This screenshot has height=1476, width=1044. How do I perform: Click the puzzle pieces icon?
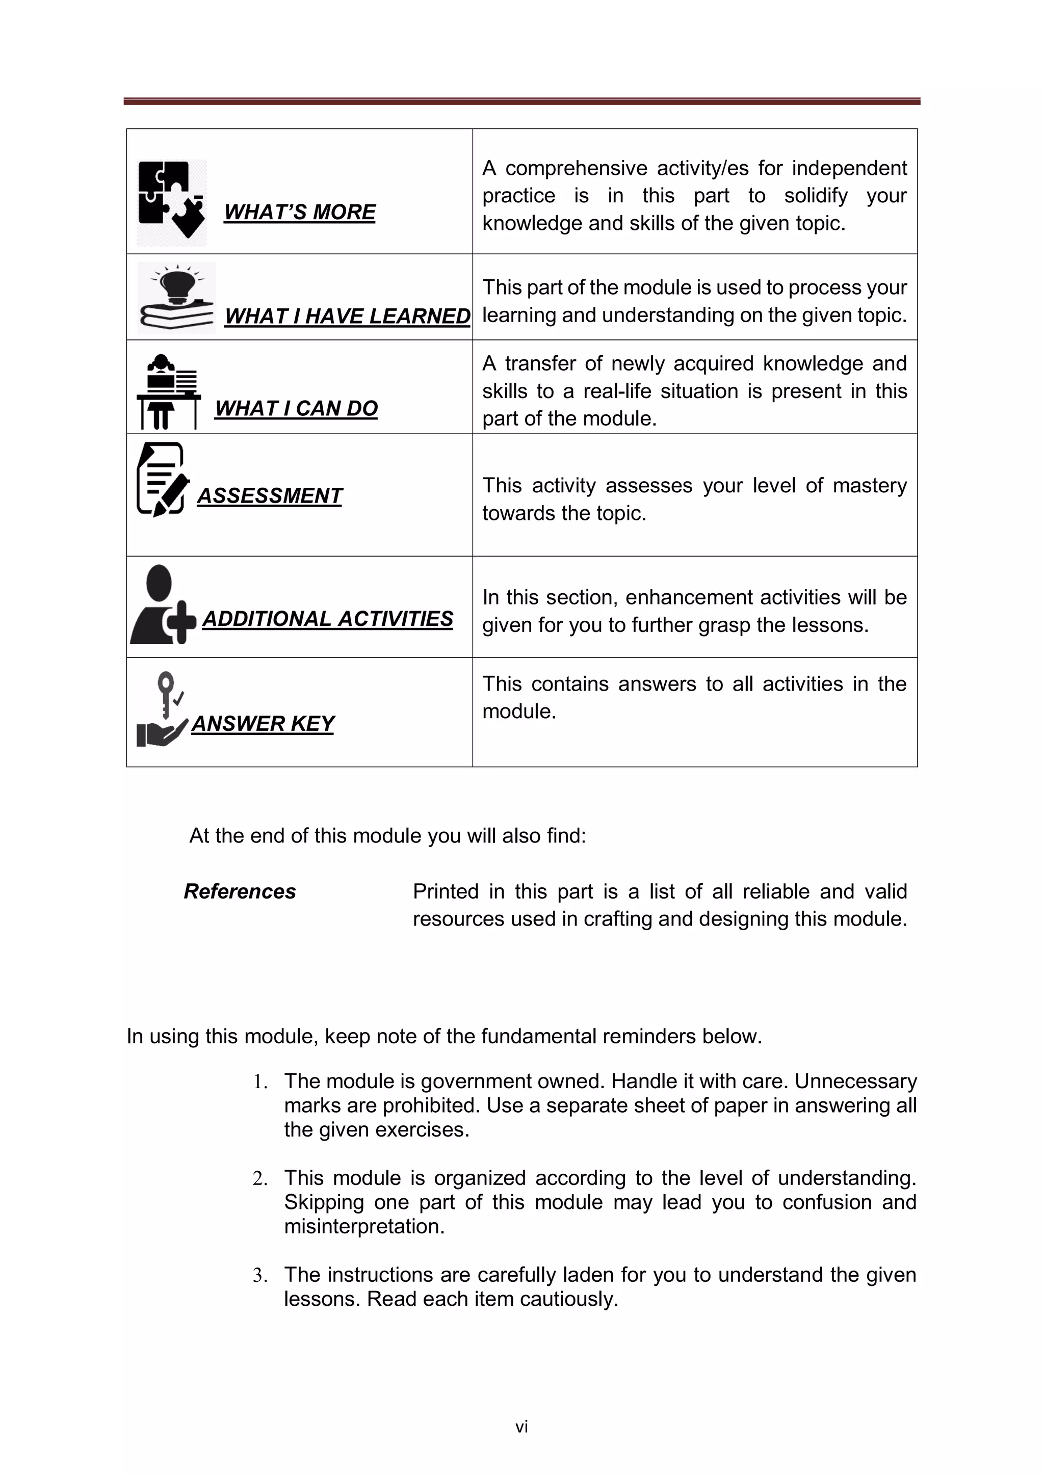[x=172, y=202]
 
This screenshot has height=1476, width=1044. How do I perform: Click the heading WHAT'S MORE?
[x=300, y=212]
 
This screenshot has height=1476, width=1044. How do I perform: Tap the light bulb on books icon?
[x=177, y=298]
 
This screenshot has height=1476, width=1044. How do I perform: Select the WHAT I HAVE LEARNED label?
[x=347, y=317]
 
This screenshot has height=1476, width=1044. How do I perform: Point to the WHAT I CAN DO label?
[x=296, y=408]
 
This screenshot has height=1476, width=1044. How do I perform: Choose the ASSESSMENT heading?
[x=269, y=495]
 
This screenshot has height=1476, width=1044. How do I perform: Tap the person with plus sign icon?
[x=163, y=605]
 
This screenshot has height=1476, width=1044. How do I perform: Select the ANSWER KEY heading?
[x=263, y=724]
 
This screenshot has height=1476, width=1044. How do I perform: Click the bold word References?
[x=240, y=891]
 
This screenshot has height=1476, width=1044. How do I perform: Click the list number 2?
[x=259, y=1179]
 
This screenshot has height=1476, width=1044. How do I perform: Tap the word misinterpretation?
[x=364, y=1227]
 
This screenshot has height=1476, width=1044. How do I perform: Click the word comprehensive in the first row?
[x=577, y=168]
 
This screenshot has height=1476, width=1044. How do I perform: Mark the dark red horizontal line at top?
[x=521, y=101]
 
